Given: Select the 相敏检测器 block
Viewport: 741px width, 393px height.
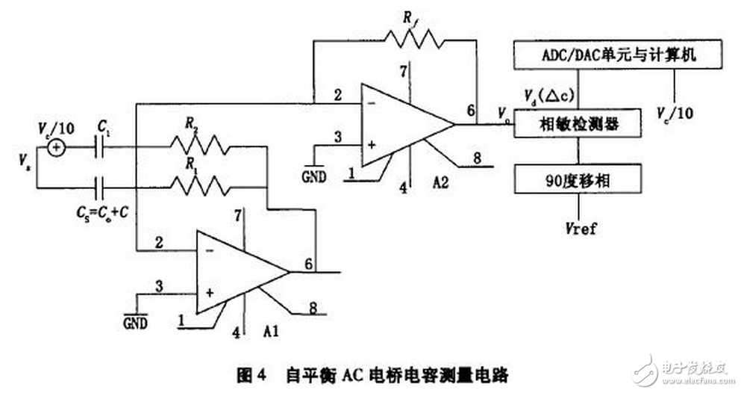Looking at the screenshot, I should coord(578,124).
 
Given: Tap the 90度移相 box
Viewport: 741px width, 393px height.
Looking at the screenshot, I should coord(578,180).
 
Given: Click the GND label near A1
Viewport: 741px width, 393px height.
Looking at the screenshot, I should coord(135,323).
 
